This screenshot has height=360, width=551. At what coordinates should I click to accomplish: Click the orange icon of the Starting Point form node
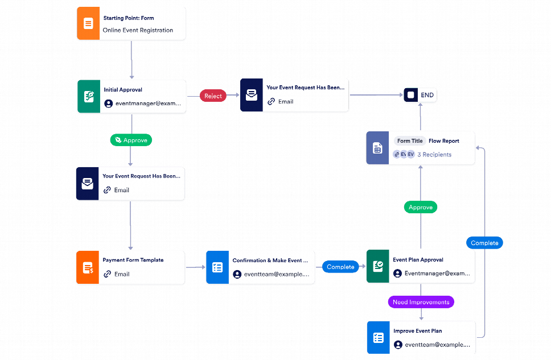(88, 24)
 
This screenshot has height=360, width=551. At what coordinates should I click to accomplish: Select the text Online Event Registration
(138, 30)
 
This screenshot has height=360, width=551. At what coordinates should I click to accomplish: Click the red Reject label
(213, 96)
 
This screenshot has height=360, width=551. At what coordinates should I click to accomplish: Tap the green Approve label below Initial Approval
(131, 140)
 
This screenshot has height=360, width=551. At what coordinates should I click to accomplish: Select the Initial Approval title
(123, 90)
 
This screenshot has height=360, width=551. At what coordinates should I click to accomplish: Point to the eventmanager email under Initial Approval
(148, 104)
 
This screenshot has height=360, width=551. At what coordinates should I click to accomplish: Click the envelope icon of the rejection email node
(251, 96)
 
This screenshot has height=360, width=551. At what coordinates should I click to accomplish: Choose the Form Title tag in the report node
(410, 141)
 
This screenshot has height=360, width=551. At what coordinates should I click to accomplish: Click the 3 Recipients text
(434, 155)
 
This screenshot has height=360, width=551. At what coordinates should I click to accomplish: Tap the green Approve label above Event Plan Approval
(421, 208)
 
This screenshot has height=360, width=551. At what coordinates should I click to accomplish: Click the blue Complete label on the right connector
(484, 243)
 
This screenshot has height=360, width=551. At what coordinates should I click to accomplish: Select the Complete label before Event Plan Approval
(340, 267)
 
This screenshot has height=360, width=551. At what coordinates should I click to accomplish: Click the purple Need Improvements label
(421, 302)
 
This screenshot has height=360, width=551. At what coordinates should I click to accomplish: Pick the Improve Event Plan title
(417, 331)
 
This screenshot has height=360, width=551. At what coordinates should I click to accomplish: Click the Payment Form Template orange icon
(88, 267)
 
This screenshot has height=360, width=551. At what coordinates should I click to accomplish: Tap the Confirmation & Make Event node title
(270, 260)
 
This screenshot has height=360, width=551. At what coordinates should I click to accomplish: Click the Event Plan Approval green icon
(377, 267)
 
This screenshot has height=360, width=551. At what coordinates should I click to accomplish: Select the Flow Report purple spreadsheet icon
(377, 148)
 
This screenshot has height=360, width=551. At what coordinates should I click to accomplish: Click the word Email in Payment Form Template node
(122, 274)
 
